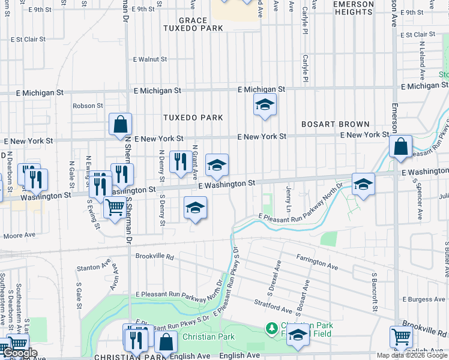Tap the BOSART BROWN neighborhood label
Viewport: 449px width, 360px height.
pyautogui.click(x=336, y=124)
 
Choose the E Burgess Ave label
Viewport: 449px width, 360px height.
pyautogui.click(x=424, y=299)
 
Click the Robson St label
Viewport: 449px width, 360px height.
pyautogui.click(x=88, y=106)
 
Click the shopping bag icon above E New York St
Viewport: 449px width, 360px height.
pyautogui.click(x=121, y=125)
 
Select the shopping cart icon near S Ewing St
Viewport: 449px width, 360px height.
pyautogui.click(x=115, y=208)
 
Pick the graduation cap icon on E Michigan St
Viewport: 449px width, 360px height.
pyautogui.click(x=265, y=106)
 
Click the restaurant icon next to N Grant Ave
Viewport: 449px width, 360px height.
pyautogui.click(x=181, y=162)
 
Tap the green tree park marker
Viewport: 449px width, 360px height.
pyautogui.click(x=272, y=329)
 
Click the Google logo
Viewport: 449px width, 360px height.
pyautogui.click(x=20, y=353)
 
